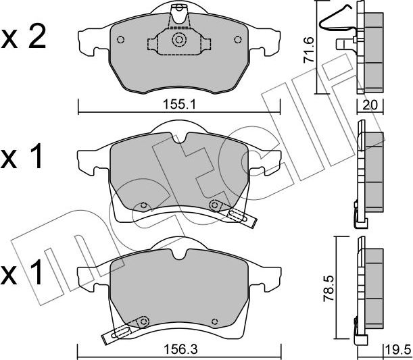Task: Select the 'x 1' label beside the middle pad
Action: (23, 158)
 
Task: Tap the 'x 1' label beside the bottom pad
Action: (23, 273)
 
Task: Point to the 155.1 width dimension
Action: (178, 105)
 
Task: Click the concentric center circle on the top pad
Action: (179, 40)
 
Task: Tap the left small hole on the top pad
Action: (119, 38)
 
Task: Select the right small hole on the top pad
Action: (237, 38)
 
